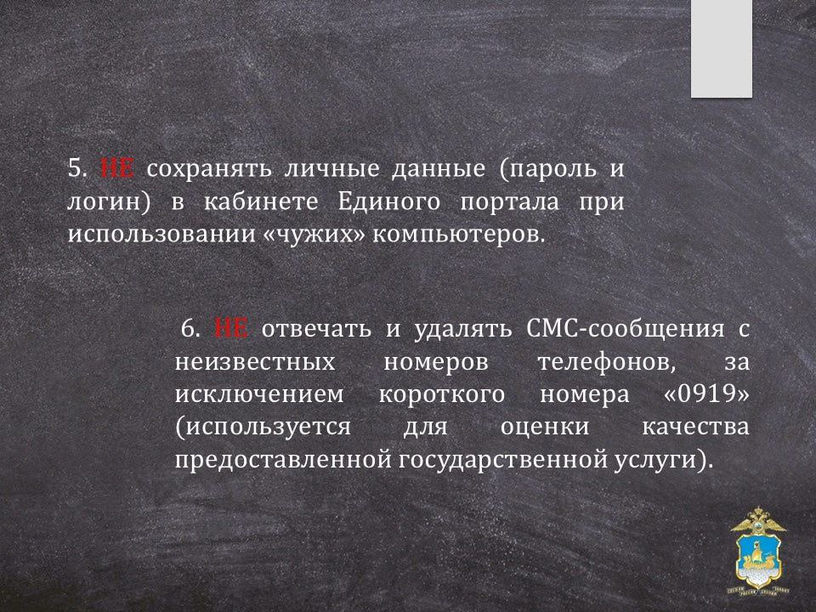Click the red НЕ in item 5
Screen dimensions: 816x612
coord(117,168)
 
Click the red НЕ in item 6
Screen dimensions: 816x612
coord(231,329)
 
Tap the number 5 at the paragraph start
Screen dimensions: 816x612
coord(76,169)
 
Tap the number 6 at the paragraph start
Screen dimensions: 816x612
coord(190,330)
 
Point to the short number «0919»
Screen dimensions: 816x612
coord(706,394)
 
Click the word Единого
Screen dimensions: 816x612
coord(388,202)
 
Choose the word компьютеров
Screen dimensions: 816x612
coord(458,235)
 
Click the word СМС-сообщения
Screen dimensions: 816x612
coord(625,330)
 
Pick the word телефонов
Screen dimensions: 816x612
coord(607,363)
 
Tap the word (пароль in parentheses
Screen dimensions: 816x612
coord(547,170)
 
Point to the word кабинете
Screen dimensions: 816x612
coord(261,202)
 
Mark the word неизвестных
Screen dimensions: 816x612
coord(255,363)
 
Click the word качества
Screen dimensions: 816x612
coord(696,428)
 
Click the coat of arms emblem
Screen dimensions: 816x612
coord(758,551)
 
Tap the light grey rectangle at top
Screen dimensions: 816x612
coord(722,48)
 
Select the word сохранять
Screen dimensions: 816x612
coord(209,170)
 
